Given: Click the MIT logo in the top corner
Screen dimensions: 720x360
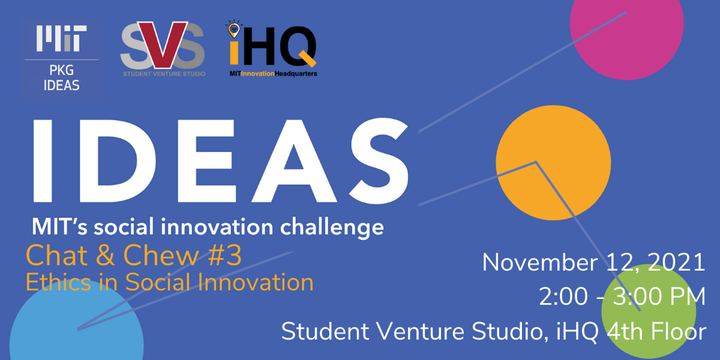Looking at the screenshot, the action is pos(61,38).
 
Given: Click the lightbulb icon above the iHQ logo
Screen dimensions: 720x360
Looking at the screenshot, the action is pos(234,29).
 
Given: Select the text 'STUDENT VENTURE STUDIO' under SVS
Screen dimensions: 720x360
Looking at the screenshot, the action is pos(164,74).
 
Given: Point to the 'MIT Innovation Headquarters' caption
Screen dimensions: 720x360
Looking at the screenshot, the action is pos(273,73).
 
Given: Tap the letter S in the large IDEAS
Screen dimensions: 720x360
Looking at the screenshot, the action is pos(379,160).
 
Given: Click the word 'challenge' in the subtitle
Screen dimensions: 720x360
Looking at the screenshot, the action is pos(332,227).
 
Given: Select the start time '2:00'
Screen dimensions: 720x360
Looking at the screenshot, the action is pos(563,296).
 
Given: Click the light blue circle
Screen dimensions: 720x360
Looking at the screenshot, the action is pos(76,326).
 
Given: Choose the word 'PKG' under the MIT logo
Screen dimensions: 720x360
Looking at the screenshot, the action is pos(61,70).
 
